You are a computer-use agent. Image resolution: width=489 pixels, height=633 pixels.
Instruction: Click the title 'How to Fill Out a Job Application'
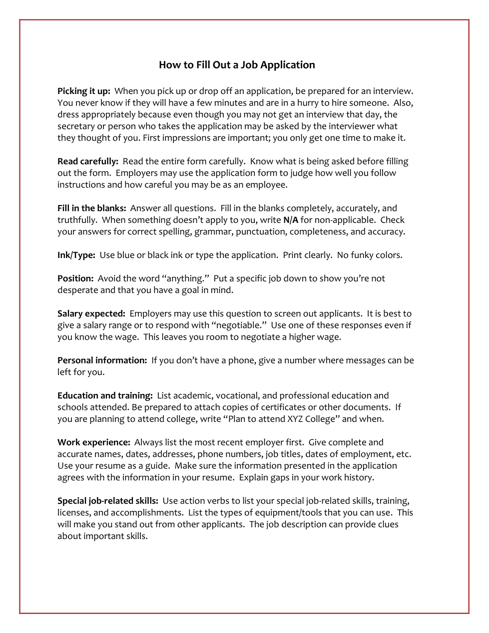click(237, 65)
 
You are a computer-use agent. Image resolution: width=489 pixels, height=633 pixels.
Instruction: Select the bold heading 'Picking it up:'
click(83, 91)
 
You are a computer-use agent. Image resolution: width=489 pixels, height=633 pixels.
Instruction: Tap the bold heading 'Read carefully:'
click(87, 161)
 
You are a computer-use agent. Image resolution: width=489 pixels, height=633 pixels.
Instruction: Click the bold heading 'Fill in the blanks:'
click(91, 208)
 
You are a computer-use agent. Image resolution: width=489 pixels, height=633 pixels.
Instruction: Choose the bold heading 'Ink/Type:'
click(76, 255)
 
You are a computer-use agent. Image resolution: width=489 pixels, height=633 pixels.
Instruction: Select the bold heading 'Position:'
click(75, 278)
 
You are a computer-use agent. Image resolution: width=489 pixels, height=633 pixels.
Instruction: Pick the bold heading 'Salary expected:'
click(91, 313)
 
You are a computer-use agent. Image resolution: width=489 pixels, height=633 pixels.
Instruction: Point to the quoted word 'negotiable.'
click(239, 325)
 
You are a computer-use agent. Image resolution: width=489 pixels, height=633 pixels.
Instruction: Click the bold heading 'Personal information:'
click(102, 360)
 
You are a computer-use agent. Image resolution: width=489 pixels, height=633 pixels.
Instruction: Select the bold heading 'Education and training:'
click(105, 395)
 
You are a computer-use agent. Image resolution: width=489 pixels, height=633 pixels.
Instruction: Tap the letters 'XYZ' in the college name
click(295, 419)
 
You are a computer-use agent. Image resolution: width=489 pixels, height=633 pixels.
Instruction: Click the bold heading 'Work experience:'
click(93, 442)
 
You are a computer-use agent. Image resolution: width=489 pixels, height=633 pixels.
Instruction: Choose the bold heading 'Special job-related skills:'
click(107, 500)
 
